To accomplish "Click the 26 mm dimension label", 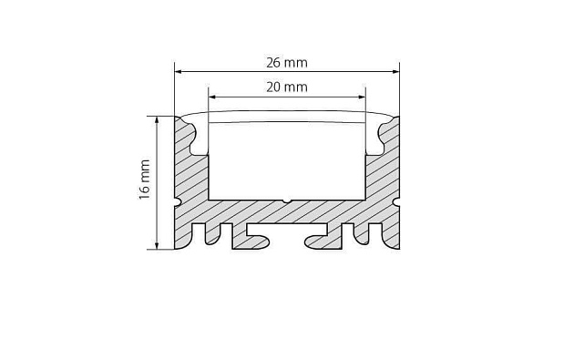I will click(x=287, y=62).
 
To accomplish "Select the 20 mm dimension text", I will click(x=286, y=87).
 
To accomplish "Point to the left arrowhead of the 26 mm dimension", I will click(x=179, y=70).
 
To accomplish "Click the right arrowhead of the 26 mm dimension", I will click(x=395, y=70).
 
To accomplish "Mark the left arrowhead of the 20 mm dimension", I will click(x=213, y=94).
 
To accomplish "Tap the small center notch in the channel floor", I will click(x=286, y=201).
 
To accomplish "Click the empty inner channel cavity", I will click(x=286, y=159).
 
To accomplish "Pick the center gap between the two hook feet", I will click(x=287, y=239).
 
